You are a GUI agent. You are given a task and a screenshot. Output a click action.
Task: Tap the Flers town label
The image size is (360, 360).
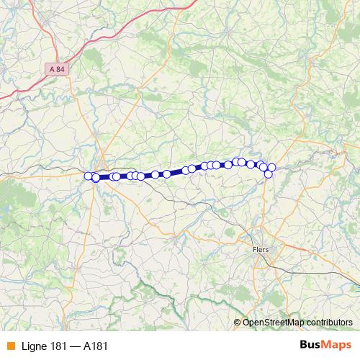[261, 249]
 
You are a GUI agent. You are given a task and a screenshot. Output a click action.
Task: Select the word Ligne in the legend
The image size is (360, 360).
[33, 346]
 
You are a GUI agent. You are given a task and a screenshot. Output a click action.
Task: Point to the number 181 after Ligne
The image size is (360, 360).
[60, 346]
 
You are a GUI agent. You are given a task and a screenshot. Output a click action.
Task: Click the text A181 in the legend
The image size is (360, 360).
[96, 346]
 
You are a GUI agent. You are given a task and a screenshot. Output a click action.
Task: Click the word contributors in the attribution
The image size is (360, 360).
[329, 322]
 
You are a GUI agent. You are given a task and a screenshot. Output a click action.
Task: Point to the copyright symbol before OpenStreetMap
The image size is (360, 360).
[238, 322]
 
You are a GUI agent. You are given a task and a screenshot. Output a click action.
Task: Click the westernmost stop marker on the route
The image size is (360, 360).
[89, 176]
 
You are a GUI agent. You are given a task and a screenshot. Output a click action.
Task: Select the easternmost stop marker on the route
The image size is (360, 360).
[271, 168]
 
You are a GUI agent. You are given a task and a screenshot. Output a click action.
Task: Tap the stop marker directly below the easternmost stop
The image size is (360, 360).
[269, 174]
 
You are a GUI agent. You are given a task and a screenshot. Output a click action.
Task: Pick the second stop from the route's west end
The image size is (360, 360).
[96, 177]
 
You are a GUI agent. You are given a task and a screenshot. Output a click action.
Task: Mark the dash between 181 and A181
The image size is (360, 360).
[76, 346]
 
